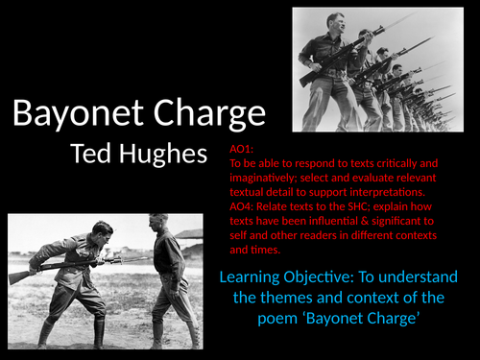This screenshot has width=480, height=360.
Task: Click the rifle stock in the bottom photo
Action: (21, 276)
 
